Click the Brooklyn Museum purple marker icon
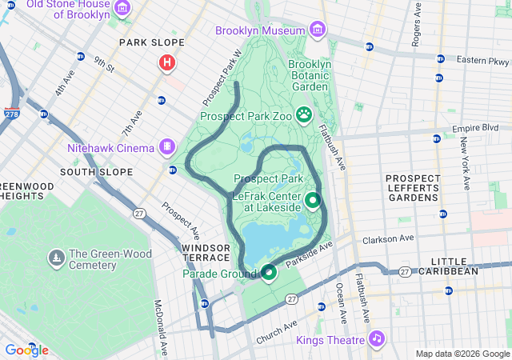pyautogui.click(x=318, y=30)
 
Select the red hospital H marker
pyautogui.click(x=167, y=62)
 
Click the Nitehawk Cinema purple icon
pyautogui.click(x=166, y=146)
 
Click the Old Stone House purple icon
pyautogui.click(x=122, y=9)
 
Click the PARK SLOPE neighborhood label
pyautogui.click(x=151, y=42)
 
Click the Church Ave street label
pyautogui.click(x=276, y=334)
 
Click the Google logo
pyautogui.click(x=26, y=350)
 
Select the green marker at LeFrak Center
pyautogui.click(x=312, y=201)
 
